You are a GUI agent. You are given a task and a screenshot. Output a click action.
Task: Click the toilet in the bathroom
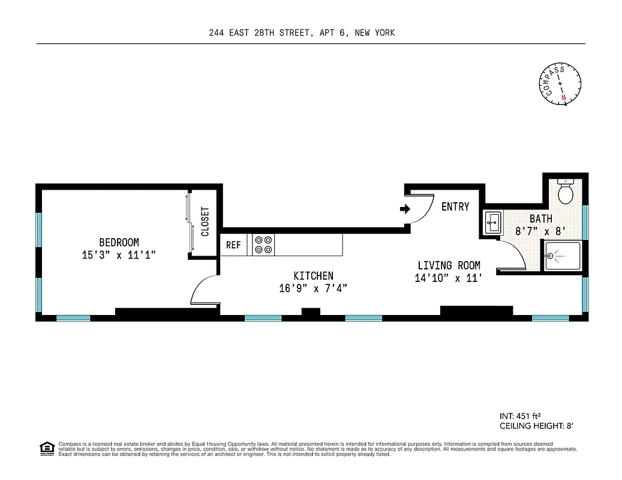tap(565, 192)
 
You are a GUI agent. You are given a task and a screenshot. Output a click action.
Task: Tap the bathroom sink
tap(493, 223)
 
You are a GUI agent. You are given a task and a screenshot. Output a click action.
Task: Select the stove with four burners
tap(263, 245)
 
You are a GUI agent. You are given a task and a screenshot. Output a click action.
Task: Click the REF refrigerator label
tap(233, 245)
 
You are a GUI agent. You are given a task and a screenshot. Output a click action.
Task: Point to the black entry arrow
tap(405, 209)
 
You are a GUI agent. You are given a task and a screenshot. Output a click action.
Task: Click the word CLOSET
tap(205, 221)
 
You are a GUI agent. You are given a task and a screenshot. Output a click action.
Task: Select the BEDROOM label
tap(119, 242)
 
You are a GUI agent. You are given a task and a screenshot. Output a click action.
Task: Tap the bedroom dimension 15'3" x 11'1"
tap(119, 255)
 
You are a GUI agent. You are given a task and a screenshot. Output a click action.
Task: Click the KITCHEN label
tap(313, 276)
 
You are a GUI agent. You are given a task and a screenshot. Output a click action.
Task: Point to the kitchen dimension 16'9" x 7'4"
tap(313, 289)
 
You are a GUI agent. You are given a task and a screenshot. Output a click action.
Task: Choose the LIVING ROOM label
tap(449, 266)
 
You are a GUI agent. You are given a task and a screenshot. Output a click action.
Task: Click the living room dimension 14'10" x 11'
tap(449, 278)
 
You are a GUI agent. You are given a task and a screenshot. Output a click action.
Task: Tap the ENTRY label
tap(455, 207)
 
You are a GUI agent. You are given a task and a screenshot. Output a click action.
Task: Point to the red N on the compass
tap(563, 97)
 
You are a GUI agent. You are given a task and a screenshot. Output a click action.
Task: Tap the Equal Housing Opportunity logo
tap(46, 448)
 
